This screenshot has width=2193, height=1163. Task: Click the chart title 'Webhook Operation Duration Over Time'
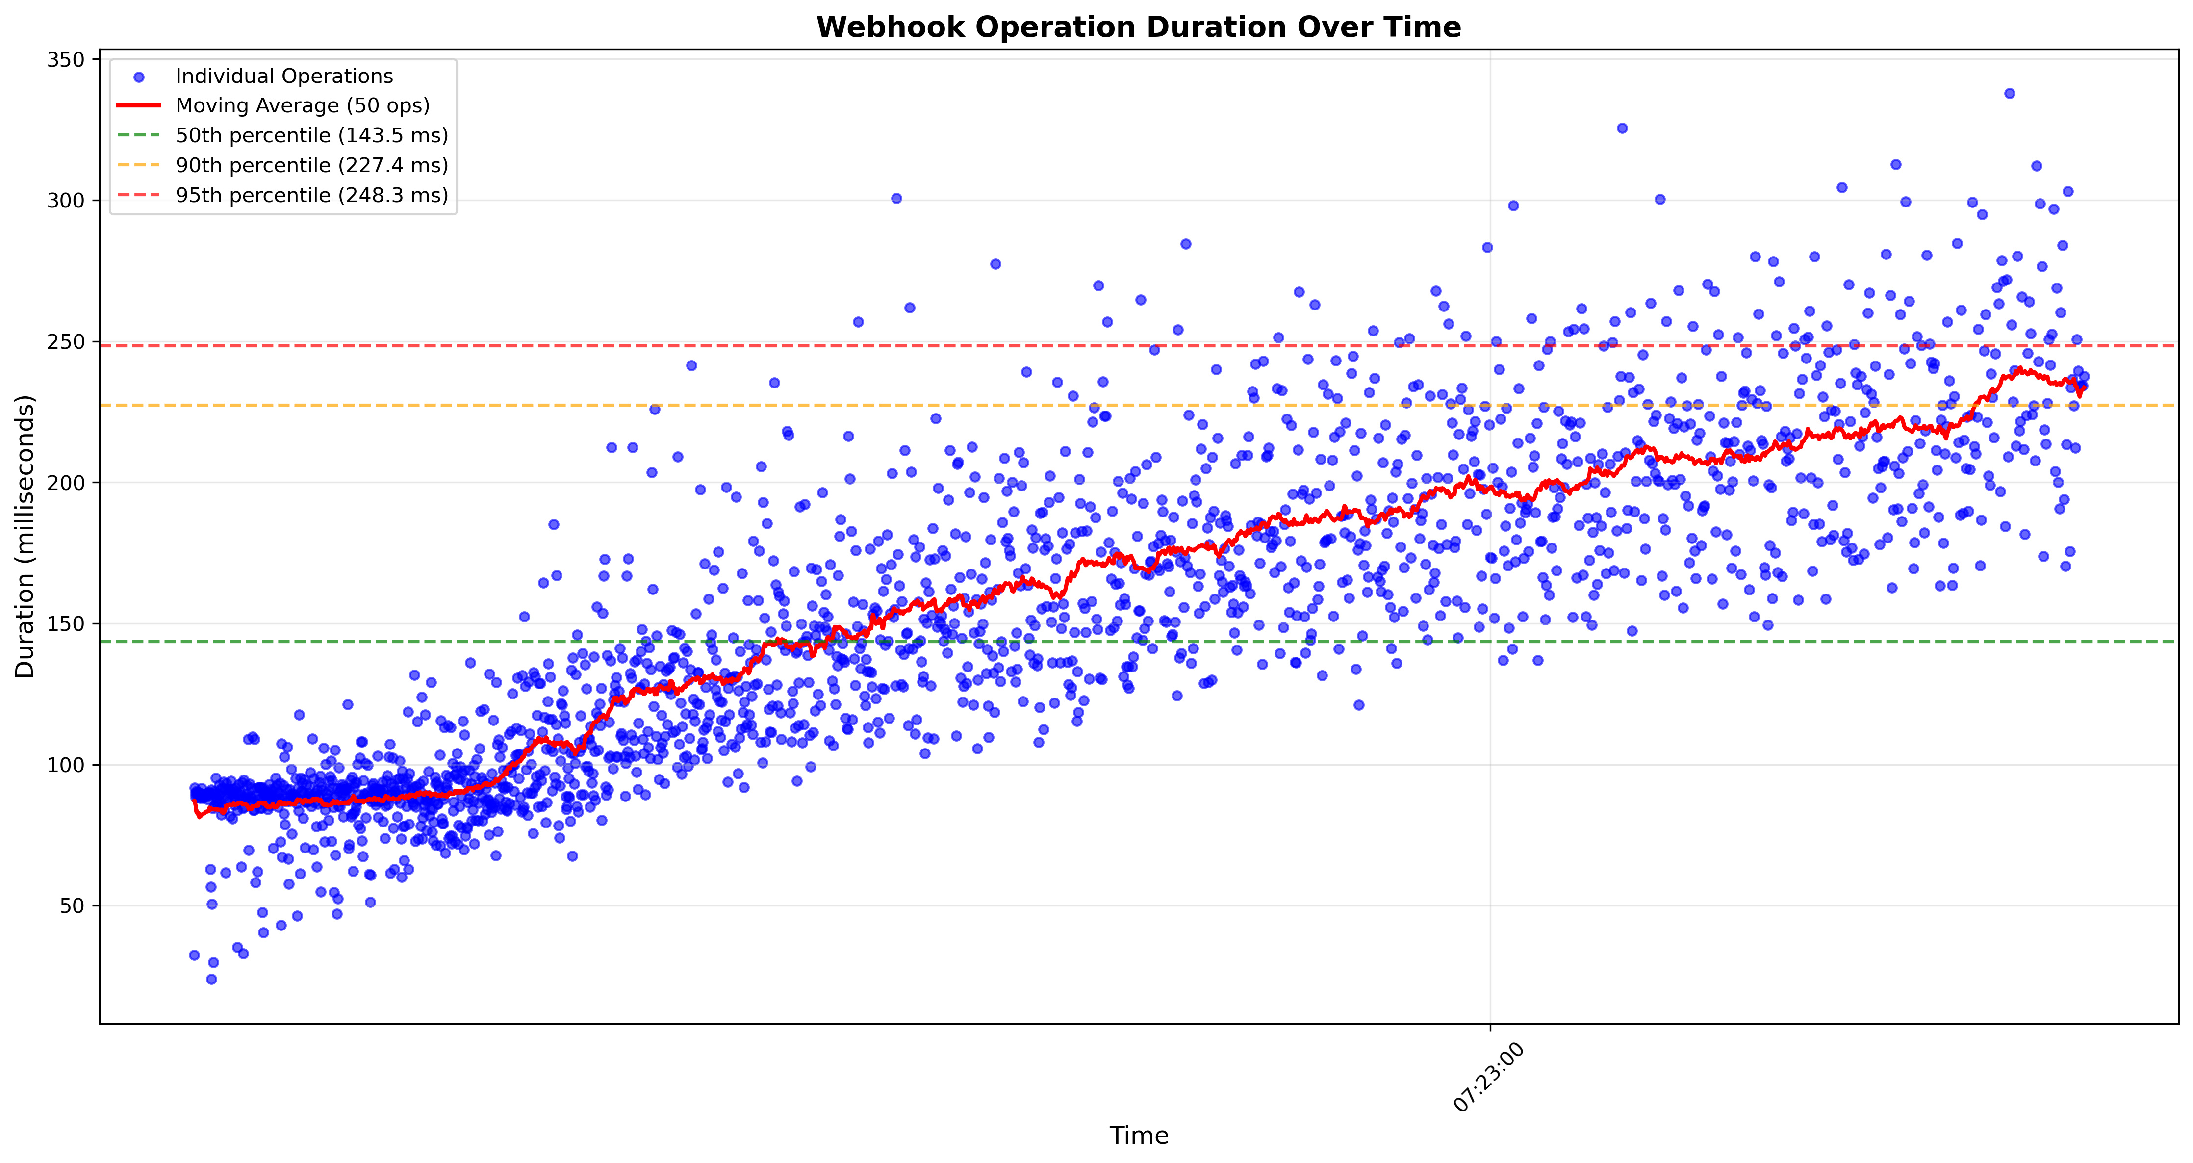click(x=1138, y=27)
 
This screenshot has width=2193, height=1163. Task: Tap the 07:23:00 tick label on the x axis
click(x=1488, y=1078)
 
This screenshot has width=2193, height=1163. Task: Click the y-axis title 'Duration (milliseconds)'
click(x=25, y=537)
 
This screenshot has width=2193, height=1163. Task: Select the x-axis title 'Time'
click(x=1138, y=1136)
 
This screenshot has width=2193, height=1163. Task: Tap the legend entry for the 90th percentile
click(x=311, y=166)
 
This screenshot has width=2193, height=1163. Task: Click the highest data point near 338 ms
click(x=2009, y=94)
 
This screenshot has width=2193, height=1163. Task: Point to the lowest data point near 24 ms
click(x=211, y=979)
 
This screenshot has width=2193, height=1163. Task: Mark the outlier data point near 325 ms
click(x=1622, y=129)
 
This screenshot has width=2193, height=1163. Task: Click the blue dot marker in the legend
click(x=139, y=77)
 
